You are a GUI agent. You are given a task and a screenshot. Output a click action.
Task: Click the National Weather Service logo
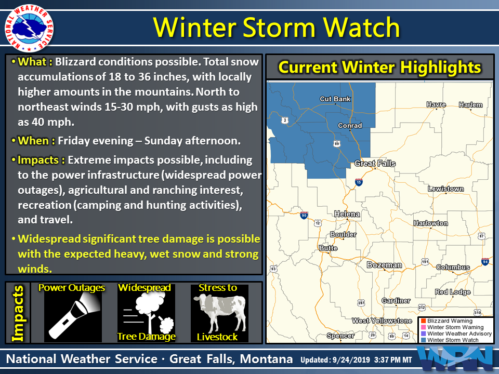tap(29, 29)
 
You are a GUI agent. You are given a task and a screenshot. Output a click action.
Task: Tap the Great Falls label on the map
tap(375, 164)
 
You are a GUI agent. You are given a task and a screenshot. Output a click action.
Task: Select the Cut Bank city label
tap(335, 99)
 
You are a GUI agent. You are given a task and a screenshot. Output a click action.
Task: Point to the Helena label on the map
tap(347, 215)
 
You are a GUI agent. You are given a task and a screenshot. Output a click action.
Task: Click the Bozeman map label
tap(384, 265)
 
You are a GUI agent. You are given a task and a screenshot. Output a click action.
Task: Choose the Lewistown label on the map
tap(445, 189)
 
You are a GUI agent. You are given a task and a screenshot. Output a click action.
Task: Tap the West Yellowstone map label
tap(382, 321)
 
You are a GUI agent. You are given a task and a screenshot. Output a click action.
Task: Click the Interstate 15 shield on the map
tap(359, 182)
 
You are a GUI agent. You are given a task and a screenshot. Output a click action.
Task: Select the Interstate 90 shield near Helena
tap(304, 216)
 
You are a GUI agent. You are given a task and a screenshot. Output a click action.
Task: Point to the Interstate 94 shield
tap(485, 262)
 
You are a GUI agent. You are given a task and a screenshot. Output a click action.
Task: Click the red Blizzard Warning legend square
tap(423, 320)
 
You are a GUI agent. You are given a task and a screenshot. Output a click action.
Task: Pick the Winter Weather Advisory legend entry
tap(456, 333)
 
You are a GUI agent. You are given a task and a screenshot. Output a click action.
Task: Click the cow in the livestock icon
tap(219, 312)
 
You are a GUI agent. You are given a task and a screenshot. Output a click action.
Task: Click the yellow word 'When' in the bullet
tap(33, 141)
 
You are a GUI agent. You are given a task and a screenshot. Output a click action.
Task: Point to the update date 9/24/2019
tap(351, 360)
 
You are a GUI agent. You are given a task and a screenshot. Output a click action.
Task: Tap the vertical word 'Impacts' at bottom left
tap(18, 313)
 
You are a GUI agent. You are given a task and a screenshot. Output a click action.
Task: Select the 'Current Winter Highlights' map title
tap(379, 67)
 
